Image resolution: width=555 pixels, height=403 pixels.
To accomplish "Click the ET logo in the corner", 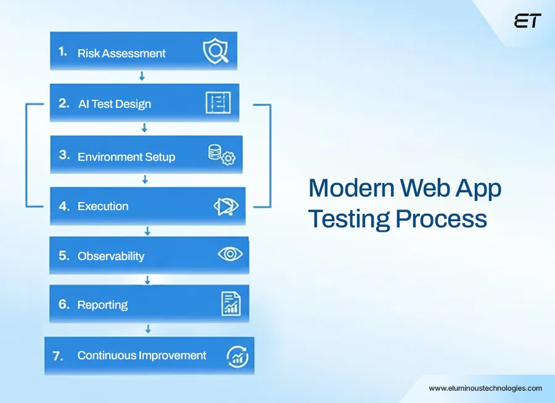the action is point(528,21).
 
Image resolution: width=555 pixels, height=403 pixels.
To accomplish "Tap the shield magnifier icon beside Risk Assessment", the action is point(216,52).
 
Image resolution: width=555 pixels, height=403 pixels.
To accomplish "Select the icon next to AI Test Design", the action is point(218,103).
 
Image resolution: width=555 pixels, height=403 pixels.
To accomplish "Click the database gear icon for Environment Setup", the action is point(221,155).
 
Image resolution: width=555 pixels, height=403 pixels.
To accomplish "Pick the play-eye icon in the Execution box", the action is point(226,206).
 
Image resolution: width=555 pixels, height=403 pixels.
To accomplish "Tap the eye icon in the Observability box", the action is point(230,254).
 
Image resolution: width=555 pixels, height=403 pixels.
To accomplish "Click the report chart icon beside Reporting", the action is point(231,303).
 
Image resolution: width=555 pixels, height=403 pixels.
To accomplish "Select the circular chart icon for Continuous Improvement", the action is point(237,356).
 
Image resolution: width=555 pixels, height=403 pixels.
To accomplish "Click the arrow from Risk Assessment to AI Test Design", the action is point(142,76).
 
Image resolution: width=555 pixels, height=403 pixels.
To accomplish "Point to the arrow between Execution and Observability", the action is point(147,231).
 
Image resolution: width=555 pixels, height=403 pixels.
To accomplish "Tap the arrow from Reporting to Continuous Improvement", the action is point(148,328).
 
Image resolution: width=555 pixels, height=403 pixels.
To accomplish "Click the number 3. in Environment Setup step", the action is point(64,155).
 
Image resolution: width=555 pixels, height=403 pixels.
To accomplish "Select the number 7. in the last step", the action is point(58,356).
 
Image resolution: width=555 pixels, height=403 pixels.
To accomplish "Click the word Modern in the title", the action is point(351,188).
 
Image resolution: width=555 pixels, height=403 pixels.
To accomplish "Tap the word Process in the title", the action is point(441,219).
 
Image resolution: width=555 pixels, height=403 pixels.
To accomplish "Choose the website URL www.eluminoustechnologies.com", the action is point(485,388).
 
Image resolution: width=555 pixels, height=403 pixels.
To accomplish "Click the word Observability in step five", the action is point(111,256).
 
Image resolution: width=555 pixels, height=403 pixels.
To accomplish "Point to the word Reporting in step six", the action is point(102,304).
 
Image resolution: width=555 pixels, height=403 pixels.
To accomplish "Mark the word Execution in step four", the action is point(103,206).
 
